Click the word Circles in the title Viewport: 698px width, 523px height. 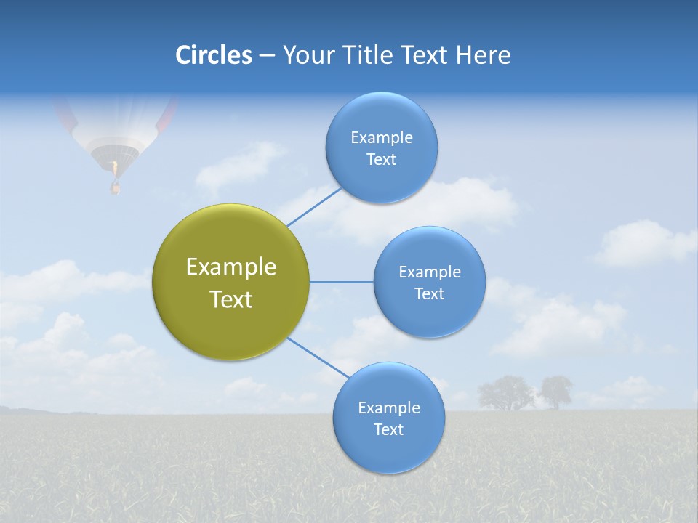(213, 55)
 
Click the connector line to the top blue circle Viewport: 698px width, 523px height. (314, 207)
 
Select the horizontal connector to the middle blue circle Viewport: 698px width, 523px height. (342, 282)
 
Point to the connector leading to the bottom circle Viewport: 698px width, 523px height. (318, 357)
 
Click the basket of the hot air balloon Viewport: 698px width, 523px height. (115, 188)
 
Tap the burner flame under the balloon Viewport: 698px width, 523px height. (114, 169)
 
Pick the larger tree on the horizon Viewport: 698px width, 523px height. (505, 393)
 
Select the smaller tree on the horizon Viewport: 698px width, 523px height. (556, 391)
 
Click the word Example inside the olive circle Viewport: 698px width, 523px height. (231, 267)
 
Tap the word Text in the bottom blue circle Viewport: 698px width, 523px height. (388, 429)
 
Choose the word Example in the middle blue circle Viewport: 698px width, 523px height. (429, 272)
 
